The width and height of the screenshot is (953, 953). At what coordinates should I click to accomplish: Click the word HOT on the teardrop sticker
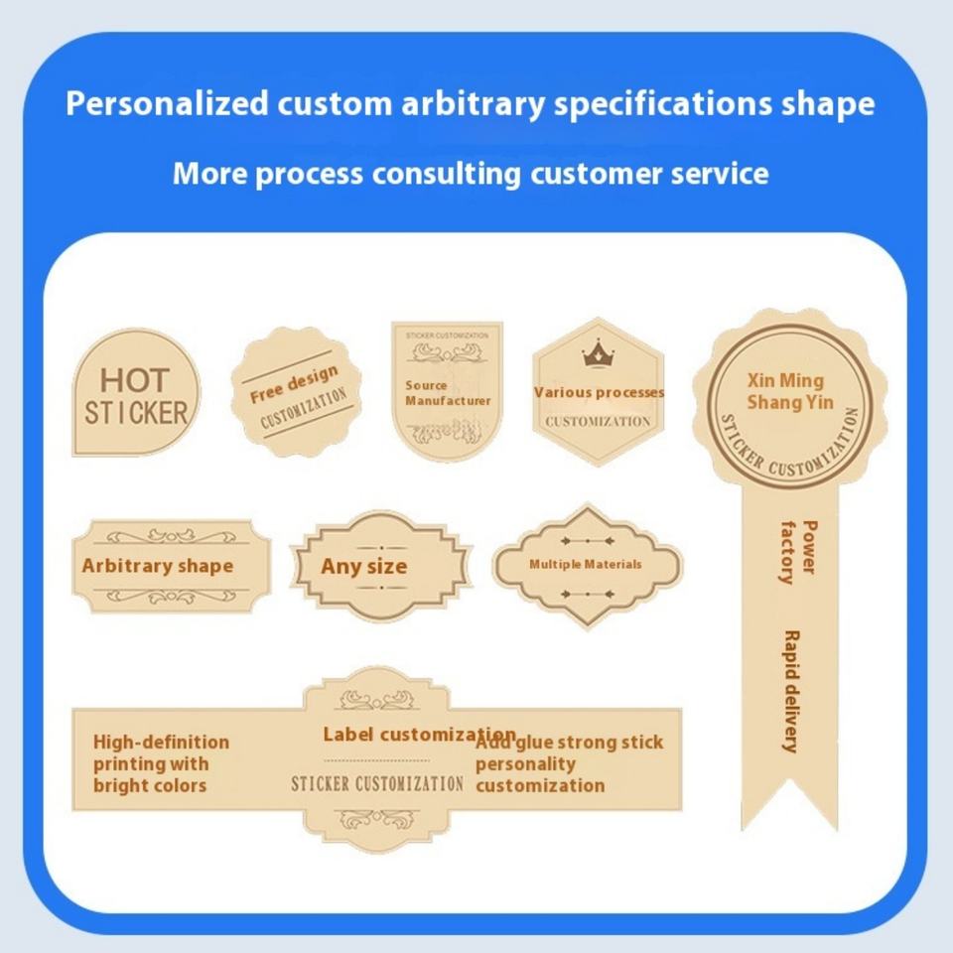[x=135, y=379]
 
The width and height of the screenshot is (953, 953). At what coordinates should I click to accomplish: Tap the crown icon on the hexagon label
[x=598, y=352]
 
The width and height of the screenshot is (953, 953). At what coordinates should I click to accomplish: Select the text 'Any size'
[x=363, y=567]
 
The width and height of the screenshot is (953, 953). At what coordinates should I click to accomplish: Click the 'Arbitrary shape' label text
[x=157, y=566]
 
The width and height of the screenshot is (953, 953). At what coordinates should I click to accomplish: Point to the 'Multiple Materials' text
[x=585, y=564]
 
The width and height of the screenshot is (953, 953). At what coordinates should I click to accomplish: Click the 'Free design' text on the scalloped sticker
[x=293, y=384]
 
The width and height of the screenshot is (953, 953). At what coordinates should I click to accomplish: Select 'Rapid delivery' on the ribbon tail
[x=791, y=691]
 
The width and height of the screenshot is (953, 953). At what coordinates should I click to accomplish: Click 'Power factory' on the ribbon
[x=798, y=551]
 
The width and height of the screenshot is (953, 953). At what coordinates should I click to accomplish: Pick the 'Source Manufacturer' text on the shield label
[x=447, y=393]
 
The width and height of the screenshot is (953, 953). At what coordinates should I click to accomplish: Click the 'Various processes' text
[x=599, y=392]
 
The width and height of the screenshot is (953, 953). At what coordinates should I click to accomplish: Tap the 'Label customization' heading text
[x=419, y=735]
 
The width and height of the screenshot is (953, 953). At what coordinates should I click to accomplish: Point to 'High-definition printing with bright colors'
[x=160, y=763]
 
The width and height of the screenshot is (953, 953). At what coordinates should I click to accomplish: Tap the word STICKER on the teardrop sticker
[x=136, y=413]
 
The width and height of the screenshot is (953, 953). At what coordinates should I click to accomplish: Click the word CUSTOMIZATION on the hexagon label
[x=598, y=421]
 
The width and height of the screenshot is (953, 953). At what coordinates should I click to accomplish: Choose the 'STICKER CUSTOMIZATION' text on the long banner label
[x=376, y=783]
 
